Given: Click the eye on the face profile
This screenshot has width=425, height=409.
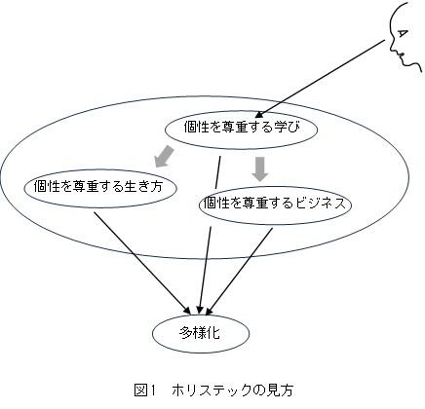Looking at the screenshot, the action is [403, 33].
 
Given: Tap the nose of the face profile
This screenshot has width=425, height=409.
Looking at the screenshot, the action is [392, 49].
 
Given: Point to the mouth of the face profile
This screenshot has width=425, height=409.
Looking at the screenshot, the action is [401, 56].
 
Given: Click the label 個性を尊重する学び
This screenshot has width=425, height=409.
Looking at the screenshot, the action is [242, 127].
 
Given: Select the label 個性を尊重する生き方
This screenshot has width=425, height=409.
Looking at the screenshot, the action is [98, 186].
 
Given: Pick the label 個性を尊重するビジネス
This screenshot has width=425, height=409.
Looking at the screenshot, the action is [274, 204].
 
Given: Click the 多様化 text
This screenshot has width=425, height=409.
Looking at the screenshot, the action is [200, 333].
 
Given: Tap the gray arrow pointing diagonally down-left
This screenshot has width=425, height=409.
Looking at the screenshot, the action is [164, 157].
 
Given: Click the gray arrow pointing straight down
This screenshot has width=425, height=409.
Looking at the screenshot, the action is [260, 168].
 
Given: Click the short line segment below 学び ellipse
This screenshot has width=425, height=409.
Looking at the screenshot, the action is [217, 172].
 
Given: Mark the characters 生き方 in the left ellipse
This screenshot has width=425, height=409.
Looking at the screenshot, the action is [143, 186].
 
